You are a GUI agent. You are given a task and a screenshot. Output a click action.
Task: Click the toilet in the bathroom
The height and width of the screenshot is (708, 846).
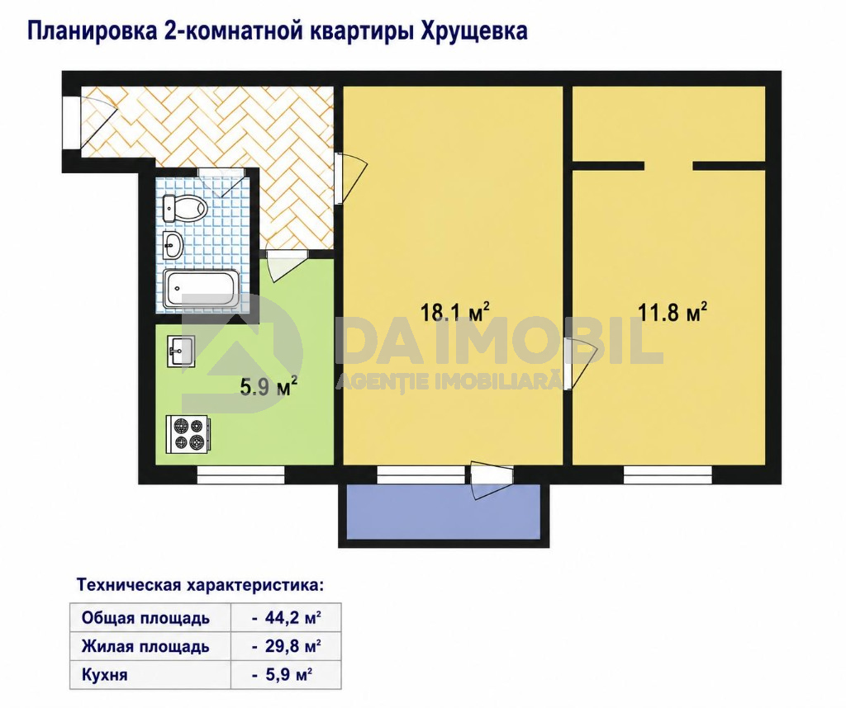pos(185,208)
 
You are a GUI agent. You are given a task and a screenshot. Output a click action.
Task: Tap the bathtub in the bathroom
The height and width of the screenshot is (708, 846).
pos(202,290)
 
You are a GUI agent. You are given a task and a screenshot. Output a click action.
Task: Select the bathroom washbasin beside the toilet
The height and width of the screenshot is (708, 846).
pos(173,245)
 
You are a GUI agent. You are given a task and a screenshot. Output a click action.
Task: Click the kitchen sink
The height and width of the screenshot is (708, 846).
pos(181,351)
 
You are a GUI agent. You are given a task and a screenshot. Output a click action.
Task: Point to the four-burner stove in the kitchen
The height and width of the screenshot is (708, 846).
pos(188,434)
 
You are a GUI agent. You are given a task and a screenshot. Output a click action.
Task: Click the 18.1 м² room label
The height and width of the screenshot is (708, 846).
pos(455,312)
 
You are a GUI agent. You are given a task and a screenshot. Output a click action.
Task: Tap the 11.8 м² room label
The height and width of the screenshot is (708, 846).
pos(673,312)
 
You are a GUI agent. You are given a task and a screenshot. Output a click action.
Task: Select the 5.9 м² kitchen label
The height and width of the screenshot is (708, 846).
pos(269,386)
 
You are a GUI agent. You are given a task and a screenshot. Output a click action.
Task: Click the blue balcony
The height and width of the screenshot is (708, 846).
pos(443,511)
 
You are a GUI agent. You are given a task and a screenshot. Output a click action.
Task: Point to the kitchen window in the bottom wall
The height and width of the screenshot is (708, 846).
pos(240,474)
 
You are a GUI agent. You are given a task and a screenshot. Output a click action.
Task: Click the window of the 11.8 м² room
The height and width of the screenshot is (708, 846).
pos(668,474)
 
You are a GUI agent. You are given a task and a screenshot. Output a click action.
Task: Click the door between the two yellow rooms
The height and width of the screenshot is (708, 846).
pos(579,363)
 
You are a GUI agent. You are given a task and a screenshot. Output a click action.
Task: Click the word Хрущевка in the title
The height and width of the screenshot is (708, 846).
pos(473,31)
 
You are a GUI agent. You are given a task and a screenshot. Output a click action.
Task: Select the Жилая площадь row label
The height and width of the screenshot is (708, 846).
pos(145,646)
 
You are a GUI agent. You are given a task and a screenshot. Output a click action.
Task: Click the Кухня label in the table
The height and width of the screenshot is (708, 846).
pos(104,675)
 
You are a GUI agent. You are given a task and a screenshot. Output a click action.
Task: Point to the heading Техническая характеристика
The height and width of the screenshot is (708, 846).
pos(200,585)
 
